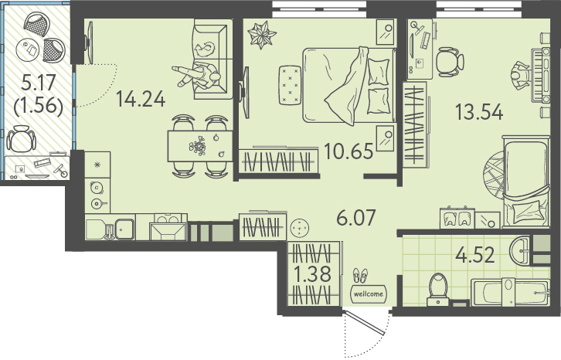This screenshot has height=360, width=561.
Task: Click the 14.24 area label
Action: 141,99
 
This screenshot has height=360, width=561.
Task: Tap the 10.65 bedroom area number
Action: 348,151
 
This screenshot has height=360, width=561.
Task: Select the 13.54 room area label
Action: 479,112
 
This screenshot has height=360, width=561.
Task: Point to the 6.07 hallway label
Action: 356,217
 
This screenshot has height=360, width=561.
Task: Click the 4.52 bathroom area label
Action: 475,255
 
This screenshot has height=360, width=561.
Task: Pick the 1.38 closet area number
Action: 312,275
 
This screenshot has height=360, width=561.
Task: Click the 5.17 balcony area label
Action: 39,83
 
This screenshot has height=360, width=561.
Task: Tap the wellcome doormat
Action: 369,294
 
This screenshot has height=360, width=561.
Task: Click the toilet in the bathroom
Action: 438,289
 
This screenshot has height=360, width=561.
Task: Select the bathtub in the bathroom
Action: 511,292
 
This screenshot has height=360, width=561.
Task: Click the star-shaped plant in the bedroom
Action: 262,34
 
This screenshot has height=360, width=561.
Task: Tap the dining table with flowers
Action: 200,146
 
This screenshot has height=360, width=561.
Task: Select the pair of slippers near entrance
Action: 361,276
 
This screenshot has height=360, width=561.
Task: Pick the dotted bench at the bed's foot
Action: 291,85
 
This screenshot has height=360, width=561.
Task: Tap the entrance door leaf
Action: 364,323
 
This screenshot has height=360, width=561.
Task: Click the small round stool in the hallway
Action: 300,227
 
